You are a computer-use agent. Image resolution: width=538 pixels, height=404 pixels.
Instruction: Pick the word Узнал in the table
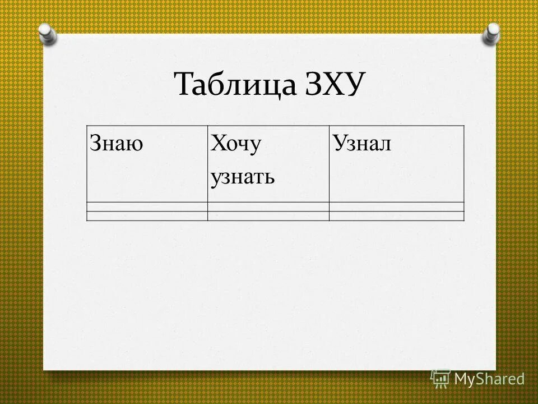coord(361,144)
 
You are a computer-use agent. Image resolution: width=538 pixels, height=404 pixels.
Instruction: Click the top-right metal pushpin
coord(491,34)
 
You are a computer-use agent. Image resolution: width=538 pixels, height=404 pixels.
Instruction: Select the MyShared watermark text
coord(489,379)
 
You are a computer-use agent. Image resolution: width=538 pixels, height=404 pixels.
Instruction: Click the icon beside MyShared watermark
coord(440,379)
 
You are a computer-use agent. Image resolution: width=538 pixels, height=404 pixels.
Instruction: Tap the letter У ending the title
coord(358,86)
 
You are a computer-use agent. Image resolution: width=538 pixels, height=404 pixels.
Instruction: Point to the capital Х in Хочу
coord(216,145)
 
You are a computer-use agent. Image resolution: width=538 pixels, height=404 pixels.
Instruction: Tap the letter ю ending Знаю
coord(136,145)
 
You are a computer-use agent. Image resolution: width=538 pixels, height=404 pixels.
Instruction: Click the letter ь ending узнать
coord(270,178)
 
